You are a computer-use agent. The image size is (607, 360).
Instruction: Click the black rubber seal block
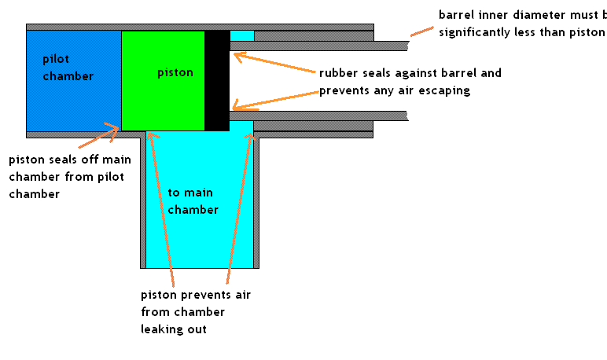point(216,80)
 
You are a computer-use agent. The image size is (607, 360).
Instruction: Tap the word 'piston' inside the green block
point(175,73)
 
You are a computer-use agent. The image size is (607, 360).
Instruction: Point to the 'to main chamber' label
point(193,200)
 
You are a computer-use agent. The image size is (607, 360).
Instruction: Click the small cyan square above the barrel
point(241,35)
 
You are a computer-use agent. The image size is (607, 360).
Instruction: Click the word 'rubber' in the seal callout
point(337,73)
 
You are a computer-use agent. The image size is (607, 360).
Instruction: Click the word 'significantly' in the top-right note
point(476,32)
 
